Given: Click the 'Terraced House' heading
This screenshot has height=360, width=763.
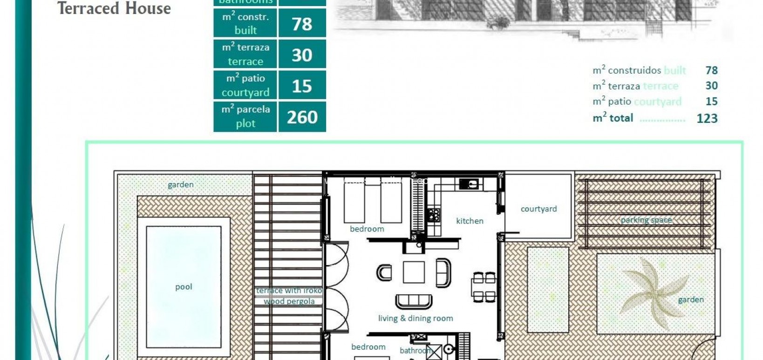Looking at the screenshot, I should tap(114, 8).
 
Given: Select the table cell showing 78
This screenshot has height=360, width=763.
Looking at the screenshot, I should tap(302, 23).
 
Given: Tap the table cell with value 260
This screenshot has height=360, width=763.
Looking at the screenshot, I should tap(302, 117).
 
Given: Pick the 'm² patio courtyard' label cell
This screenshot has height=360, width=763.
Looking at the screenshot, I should tap(245, 85).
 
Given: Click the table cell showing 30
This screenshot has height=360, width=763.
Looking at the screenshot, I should tap(302, 55).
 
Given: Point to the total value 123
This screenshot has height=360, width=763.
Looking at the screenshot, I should tap(707, 118).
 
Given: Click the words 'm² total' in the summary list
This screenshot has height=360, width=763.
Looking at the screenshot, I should tap(613, 118).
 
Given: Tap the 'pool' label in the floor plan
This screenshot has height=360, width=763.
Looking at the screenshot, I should tap(184, 287).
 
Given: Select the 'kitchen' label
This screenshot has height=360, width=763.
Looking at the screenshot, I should tap(470, 221).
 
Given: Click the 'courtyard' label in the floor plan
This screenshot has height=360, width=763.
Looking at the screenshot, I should tap(538, 209).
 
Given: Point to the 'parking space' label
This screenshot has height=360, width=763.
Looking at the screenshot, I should tap(646, 220).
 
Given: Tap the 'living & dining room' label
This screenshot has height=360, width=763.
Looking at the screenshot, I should tap(416, 319).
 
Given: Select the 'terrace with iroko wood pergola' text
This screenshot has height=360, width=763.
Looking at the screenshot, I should tap(289, 296).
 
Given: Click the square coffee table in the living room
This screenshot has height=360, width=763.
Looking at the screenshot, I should tap(414, 272).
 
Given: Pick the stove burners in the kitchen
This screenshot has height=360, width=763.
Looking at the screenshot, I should tap(434, 215).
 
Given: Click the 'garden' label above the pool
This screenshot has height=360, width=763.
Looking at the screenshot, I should tap(180, 185).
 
